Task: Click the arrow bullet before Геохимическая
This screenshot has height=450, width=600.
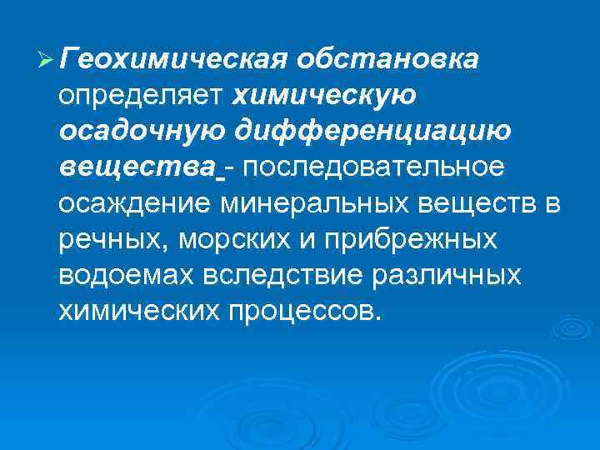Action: point(46,60)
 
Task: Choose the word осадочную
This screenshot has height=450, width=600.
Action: point(140,131)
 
